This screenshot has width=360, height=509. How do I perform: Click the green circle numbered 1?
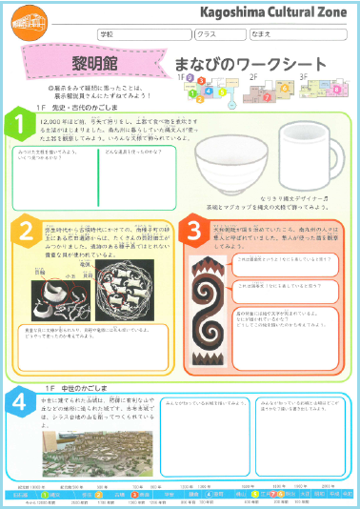(x=16, y=124)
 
